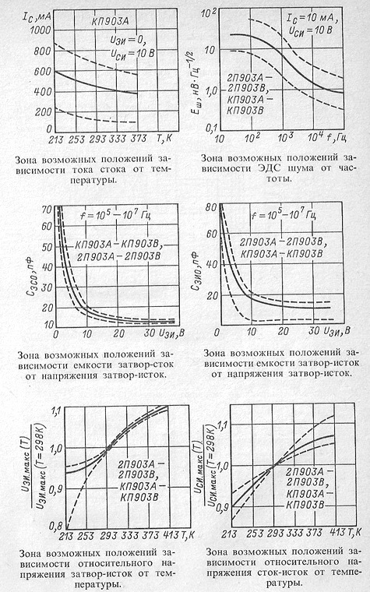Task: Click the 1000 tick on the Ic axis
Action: click(x=40, y=30)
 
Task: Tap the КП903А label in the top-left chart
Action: click(x=110, y=21)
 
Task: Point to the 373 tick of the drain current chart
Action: click(x=139, y=139)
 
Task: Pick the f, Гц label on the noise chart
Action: click(x=337, y=137)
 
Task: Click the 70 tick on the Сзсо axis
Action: click(x=48, y=210)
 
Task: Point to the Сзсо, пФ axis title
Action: click(x=39, y=278)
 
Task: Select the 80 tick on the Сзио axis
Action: click(x=211, y=207)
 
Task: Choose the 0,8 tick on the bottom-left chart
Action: click(x=56, y=525)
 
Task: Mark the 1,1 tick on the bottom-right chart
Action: click(x=222, y=425)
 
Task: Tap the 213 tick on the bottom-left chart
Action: click(x=66, y=536)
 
